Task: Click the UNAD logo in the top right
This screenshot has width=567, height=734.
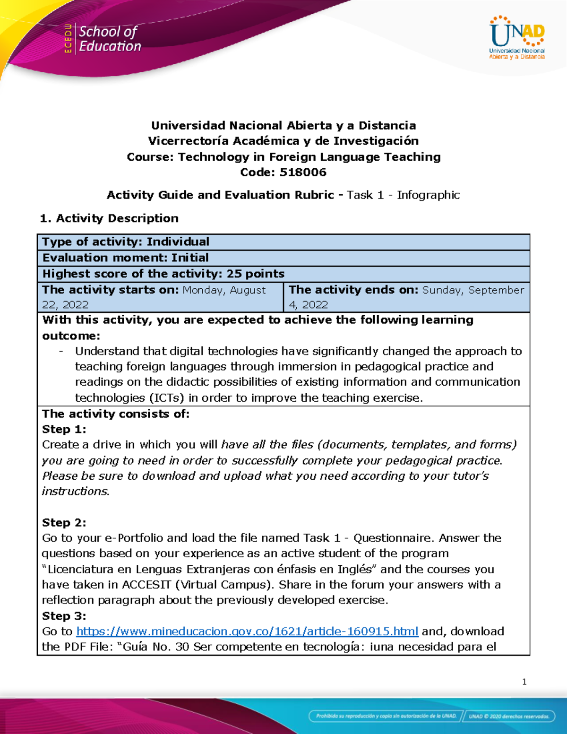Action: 517,37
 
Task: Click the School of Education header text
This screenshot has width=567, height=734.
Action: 110,39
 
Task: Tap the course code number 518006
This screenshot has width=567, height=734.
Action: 303,172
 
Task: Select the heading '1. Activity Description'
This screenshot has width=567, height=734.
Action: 109,218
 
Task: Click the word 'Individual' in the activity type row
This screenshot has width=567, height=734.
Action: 178,242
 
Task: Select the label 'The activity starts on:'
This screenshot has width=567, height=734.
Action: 111,290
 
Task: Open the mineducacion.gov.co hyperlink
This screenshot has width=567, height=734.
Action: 247,631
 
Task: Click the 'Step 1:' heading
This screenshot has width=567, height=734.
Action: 64,429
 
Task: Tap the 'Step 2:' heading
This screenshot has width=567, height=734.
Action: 64,522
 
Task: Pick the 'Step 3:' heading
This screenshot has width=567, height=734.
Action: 64,616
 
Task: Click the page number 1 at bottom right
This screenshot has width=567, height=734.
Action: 524,682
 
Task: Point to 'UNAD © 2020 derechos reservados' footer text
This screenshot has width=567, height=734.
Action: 508,716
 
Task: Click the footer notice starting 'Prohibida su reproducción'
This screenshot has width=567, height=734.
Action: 386,716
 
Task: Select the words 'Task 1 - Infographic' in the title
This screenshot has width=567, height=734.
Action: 403,195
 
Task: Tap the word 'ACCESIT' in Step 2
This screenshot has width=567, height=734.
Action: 146,585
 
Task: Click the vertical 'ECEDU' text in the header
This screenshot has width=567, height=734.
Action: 68,38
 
